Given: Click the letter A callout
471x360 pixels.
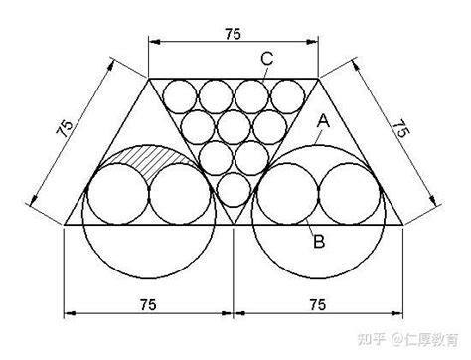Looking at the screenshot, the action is (x=322, y=120).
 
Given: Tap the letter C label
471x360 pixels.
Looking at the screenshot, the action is (x=267, y=59).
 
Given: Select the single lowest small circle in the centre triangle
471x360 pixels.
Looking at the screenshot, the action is (x=234, y=189).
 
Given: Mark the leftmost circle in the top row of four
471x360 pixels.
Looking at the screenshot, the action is (x=180, y=95).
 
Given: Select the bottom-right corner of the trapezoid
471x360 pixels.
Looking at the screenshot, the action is (x=403, y=225).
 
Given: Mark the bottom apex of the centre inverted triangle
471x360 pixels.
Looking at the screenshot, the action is (x=234, y=225).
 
